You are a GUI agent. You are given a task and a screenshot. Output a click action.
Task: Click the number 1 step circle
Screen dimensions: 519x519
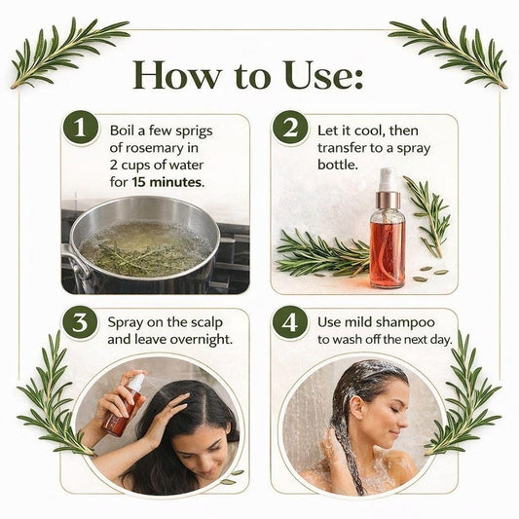click(81, 129)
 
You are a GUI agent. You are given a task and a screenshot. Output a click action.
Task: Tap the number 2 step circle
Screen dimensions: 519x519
click(290, 129)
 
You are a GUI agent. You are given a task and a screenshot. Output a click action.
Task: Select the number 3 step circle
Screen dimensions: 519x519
click(80, 322)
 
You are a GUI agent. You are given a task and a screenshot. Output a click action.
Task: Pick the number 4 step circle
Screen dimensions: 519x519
click(290, 322)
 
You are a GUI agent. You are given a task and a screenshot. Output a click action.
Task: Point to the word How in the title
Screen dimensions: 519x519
click(177, 76)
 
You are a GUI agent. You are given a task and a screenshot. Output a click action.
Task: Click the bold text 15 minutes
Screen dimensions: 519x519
click(168, 182)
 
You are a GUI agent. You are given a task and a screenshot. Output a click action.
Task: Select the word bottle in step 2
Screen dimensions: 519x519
click(338, 165)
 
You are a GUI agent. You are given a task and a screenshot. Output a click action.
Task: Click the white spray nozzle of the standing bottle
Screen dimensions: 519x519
click(388, 179)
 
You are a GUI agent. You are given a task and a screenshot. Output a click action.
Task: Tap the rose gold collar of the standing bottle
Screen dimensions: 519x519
click(388, 200)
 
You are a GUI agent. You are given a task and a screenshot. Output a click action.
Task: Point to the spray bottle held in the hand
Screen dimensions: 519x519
click(124, 405)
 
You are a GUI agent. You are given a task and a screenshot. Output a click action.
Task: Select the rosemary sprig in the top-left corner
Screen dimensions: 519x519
click(68, 53)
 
